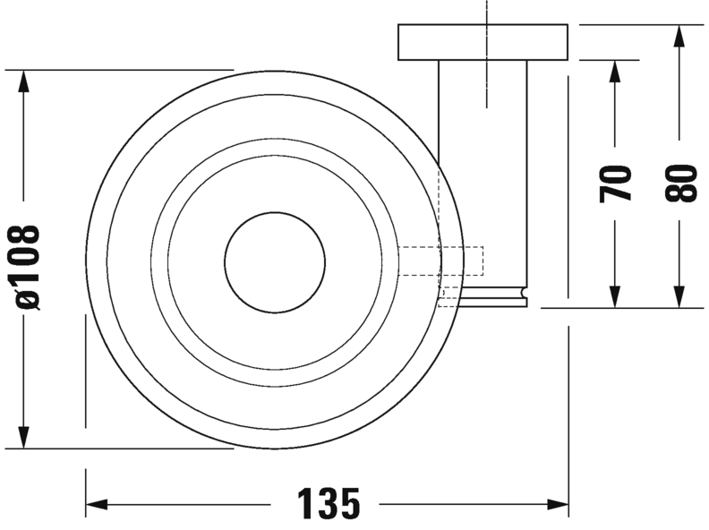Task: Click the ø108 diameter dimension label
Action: (x=28, y=267)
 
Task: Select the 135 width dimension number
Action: (x=329, y=505)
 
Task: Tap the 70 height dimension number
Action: (x=616, y=184)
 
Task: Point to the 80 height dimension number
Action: (x=681, y=184)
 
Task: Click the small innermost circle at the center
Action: (x=275, y=262)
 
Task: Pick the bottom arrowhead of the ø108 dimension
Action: (x=23, y=438)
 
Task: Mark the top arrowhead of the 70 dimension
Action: (x=615, y=71)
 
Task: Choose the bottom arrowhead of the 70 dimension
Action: (x=615, y=296)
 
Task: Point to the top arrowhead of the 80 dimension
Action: (x=679, y=36)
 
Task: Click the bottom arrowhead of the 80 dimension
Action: (x=679, y=296)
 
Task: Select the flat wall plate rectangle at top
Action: (x=483, y=42)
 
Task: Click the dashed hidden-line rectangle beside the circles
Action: (x=440, y=261)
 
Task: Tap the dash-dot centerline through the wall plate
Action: (x=487, y=54)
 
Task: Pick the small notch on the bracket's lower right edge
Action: (x=521, y=292)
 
